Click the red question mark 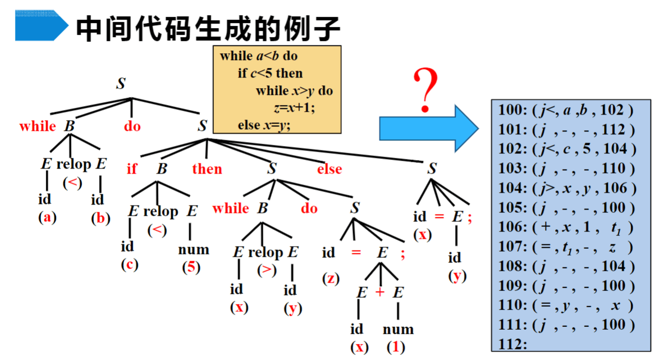[425, 90]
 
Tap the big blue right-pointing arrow [429, 128]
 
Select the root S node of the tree [121, 83]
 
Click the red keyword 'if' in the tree [131, 168]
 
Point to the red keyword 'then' [207, 168]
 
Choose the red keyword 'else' [329, 169]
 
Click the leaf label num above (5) [193, 249]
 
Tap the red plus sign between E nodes [380, 292]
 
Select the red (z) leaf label [331, 279]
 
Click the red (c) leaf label [130, 265]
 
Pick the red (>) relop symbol [267, 270]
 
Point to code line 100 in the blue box [566, 110]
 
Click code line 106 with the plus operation [566, 227]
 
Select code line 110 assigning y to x [566, 306]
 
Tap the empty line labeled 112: [512, 344]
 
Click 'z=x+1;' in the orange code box [294, 108]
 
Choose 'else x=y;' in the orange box [264, 125]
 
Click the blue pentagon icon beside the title [42, 26]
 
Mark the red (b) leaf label [100, 218]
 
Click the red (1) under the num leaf [396, 347]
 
